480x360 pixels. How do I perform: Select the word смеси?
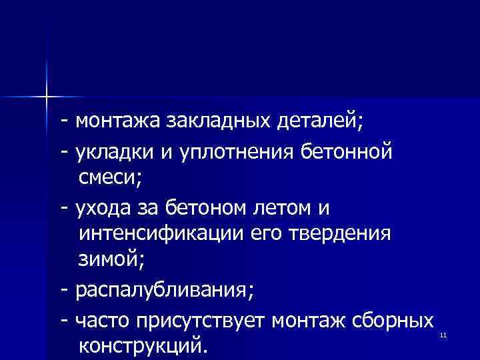click(109, 178)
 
